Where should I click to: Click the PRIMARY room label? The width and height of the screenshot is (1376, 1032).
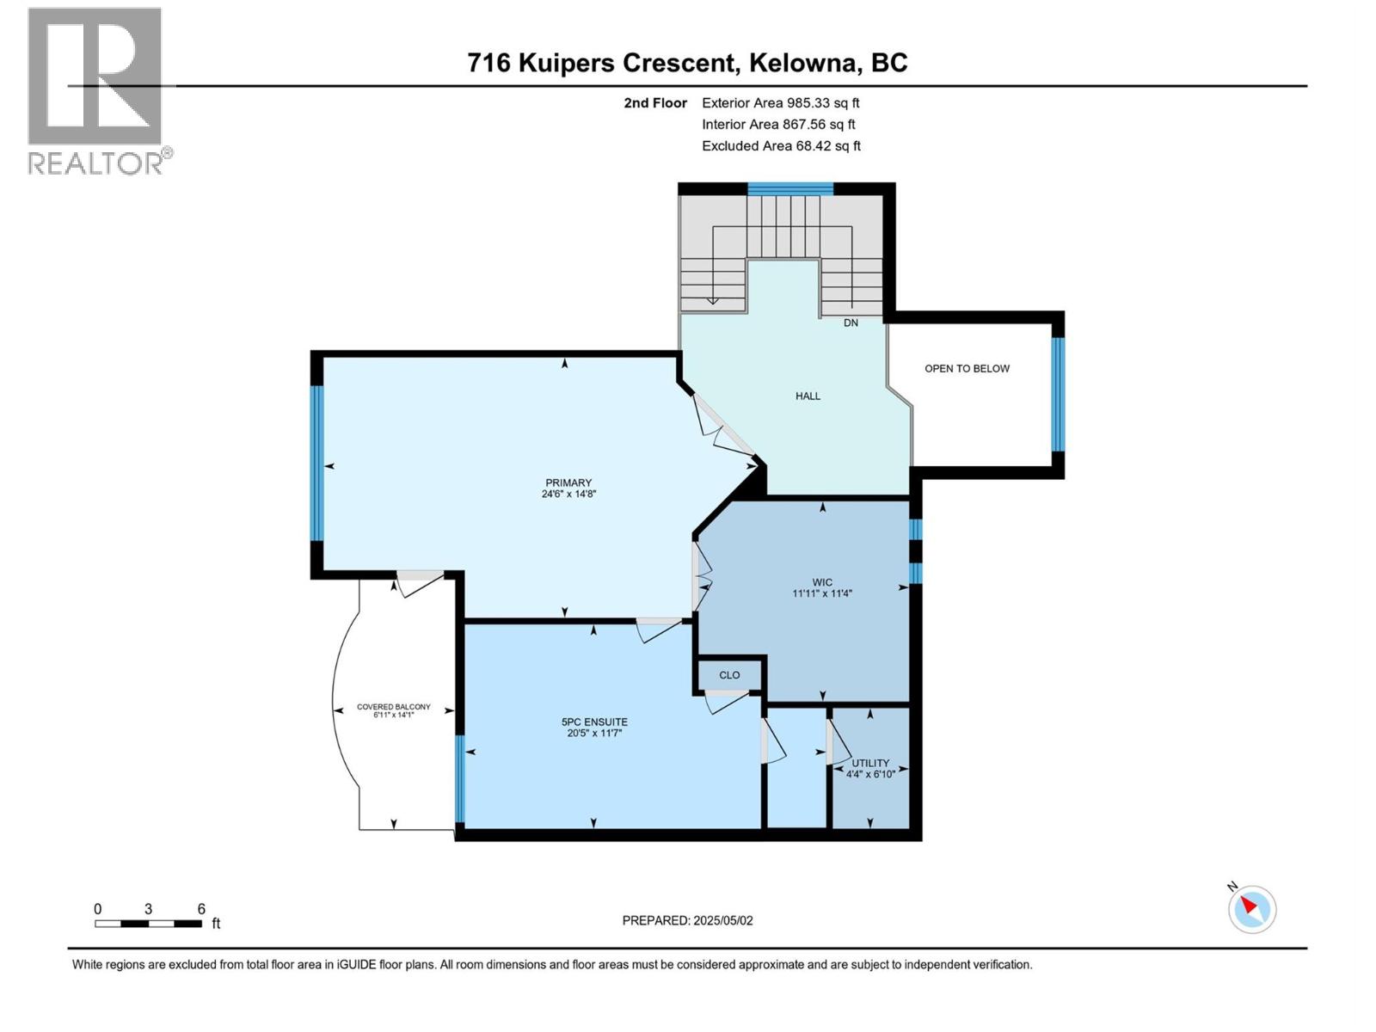(568, 482)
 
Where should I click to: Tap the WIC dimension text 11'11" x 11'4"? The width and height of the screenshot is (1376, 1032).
(821, 593)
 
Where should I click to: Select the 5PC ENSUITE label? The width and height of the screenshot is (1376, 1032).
(594, 722)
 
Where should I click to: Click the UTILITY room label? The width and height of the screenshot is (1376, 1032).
(870, 763)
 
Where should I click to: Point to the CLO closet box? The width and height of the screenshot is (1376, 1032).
(729, 675)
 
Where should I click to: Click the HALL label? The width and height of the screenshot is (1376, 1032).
(808, 396)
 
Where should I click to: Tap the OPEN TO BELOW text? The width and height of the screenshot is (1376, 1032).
(967, 369)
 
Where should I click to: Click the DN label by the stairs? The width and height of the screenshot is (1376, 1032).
(851, 323)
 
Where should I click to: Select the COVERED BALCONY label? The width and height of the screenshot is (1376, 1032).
(394, 707)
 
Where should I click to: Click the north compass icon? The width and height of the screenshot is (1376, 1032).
(1251, 909)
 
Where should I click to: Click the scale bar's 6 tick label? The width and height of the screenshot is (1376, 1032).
(201, 909)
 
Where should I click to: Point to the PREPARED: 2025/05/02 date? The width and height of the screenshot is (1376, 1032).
(687, 920)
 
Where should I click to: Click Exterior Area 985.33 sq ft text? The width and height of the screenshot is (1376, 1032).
(780, 103)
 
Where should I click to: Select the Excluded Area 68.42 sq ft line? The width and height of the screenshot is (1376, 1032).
(780, 146)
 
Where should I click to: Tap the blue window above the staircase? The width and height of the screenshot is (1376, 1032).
(789, 189)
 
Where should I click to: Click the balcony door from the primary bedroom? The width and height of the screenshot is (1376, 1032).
(420, 580)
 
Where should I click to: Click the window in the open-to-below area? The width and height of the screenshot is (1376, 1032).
(1058, 394)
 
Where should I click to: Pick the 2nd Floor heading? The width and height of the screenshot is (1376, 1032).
(655, 103)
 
